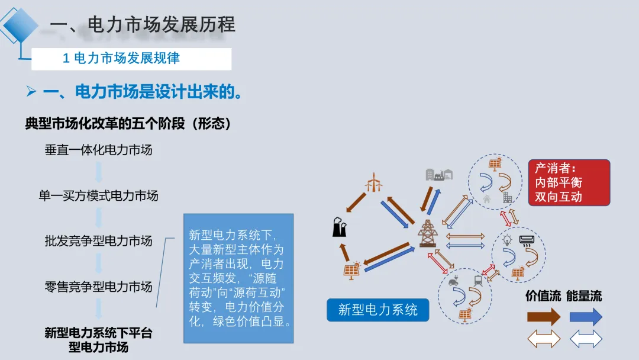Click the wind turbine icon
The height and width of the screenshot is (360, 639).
(373, 182)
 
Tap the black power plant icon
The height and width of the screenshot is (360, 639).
(340, 227)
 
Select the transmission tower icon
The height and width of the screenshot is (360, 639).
(427, 233)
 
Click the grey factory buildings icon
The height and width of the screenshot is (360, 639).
(438, 173)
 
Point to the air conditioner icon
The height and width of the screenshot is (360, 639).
(526, 240)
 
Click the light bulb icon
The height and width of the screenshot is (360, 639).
(506, 240)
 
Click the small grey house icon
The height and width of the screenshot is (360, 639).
(487, 199)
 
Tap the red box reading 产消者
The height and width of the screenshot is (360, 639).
(569, 182)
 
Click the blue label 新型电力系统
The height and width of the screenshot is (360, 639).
(378, 310)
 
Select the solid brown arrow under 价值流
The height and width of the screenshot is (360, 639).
(543, 317)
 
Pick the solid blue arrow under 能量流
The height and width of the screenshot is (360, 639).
(586, 317)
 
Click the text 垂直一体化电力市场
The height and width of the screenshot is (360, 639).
(99, 150)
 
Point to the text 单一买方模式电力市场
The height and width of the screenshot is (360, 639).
(99, 195)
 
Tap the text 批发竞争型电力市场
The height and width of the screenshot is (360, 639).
(99, 241)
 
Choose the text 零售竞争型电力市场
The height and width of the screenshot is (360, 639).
(99, 287)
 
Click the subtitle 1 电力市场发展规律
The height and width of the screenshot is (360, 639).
(121, 58)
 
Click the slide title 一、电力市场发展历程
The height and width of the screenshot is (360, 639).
(143, 24)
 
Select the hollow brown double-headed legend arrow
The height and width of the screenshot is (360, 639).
(543, 339)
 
